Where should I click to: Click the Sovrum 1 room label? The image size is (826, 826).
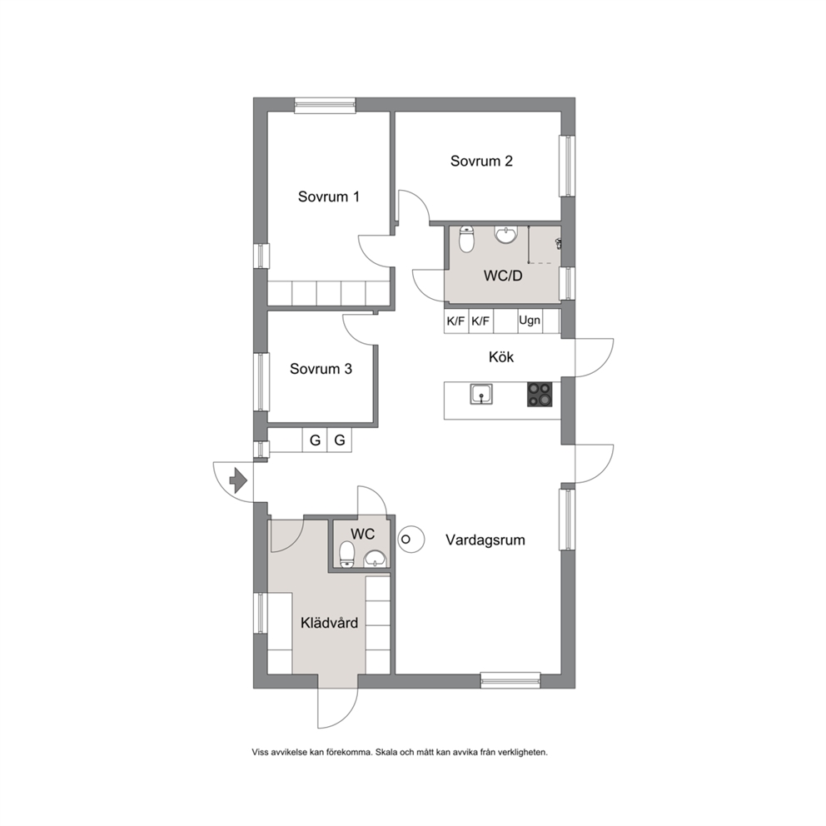pyautogui.click(x=329, y=197)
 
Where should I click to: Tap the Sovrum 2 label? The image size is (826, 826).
pyautogui.click(x=481, y=162)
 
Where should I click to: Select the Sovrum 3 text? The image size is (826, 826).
pyautogui.click(x=321, y=369)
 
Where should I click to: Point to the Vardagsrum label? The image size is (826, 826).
pyautogui.click(x=485, y=540)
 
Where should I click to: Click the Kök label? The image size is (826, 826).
pyautogui.click(x=501, y=357)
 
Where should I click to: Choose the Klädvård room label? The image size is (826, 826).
pyautogui.click(x=329, y=623)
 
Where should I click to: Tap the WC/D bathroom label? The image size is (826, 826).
pyautogui.click(x=503, y=276)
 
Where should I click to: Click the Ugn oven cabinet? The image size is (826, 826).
pyautogui.click(x=530, y=321)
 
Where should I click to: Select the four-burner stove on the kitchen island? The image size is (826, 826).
pyautogui.click(x=540, y=394)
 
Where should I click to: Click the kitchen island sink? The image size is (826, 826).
pyautogui.click(x=481, y=394)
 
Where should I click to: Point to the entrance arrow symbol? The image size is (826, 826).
pyautogui.click(x=239, y=480)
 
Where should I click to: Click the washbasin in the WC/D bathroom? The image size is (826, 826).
pyautogui.click(x=506, y=235)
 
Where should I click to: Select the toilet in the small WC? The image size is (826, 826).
pyautogui.click(x=346, y=555)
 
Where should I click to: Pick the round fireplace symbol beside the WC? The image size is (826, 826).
pyautogui.click(x=411, y=540)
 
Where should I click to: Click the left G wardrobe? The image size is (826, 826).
pyautogui.click(x=315, y=440)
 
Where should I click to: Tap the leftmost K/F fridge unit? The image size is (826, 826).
pyautogui.click(x=455, y=321)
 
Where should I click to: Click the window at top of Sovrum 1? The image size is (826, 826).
pyautogui.click(x=325, y=106)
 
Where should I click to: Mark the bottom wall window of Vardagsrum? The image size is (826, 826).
pyautogui.click(x=510, y=680)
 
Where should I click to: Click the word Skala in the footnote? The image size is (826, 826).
pyautogui.click(x=386, y=752)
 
